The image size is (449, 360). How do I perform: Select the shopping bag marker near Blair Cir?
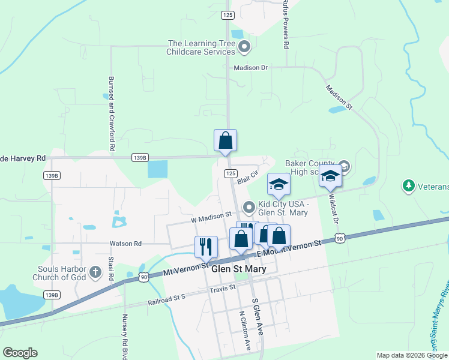[225, 141]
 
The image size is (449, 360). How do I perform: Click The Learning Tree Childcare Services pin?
[244, 46]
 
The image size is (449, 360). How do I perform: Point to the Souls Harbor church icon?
[95, 273]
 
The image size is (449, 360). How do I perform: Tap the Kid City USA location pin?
[249, 208]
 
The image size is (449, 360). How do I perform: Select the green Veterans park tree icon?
[409, 186]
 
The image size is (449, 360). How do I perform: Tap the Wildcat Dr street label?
[333, 208]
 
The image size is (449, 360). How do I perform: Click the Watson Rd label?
[125, 244]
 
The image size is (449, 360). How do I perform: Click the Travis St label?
[223, 289]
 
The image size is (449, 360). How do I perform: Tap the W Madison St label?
[211, 215]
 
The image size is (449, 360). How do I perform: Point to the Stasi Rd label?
[111, 270]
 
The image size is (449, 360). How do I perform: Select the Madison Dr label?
[251, 68]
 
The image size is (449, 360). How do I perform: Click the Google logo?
[20, 353]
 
